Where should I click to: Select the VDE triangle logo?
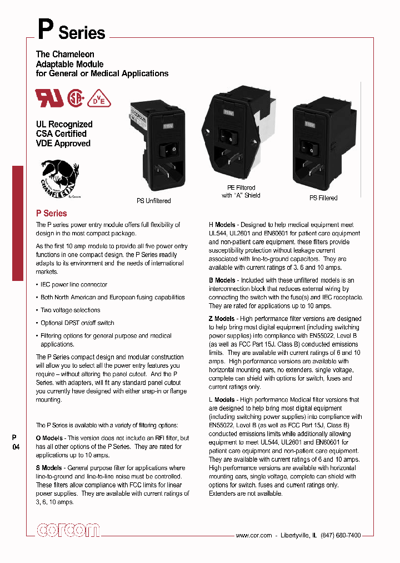(101, 98)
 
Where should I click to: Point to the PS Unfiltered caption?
(154, 200)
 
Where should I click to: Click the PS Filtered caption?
(323, 197)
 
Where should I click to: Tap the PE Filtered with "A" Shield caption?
(241, 192)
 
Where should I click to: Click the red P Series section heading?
(51, 213)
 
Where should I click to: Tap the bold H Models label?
(221, 225)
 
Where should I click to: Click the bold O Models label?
(49, 438)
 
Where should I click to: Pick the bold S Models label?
(49, 468)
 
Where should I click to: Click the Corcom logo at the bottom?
(68, 531)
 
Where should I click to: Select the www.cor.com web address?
(253, 535)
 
